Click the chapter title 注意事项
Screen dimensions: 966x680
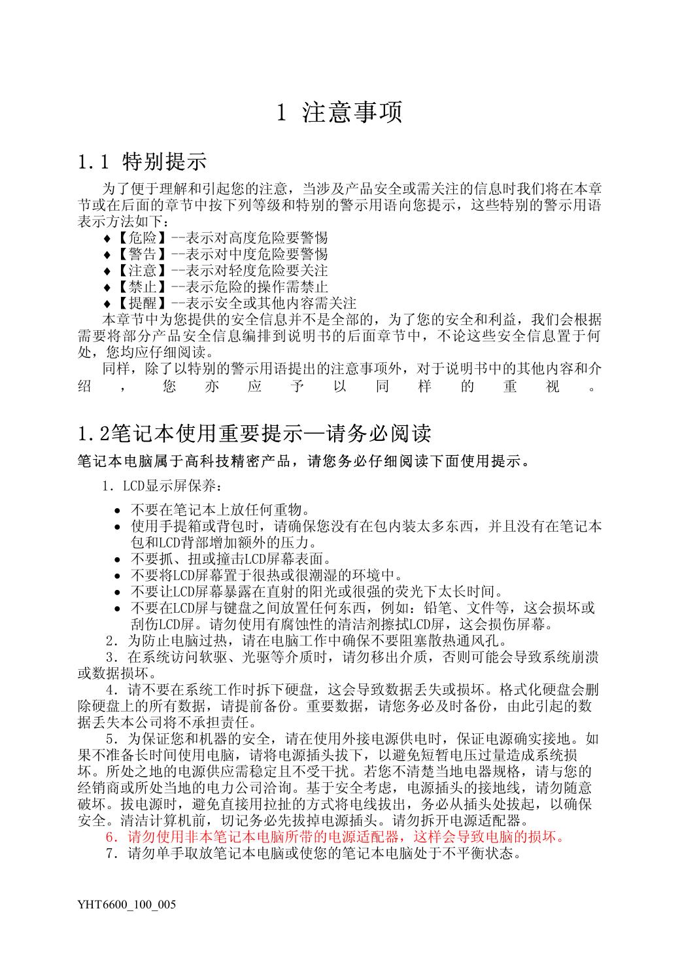(352, 112)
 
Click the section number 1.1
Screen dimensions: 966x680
(97, 161)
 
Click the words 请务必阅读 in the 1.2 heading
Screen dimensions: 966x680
(375, 433)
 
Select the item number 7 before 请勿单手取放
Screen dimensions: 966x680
(109, 854)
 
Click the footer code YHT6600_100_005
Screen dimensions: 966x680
(126, 905)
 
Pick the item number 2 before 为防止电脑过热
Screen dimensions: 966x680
(109, 640)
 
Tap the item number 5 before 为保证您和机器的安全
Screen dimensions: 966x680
(109, 739)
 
